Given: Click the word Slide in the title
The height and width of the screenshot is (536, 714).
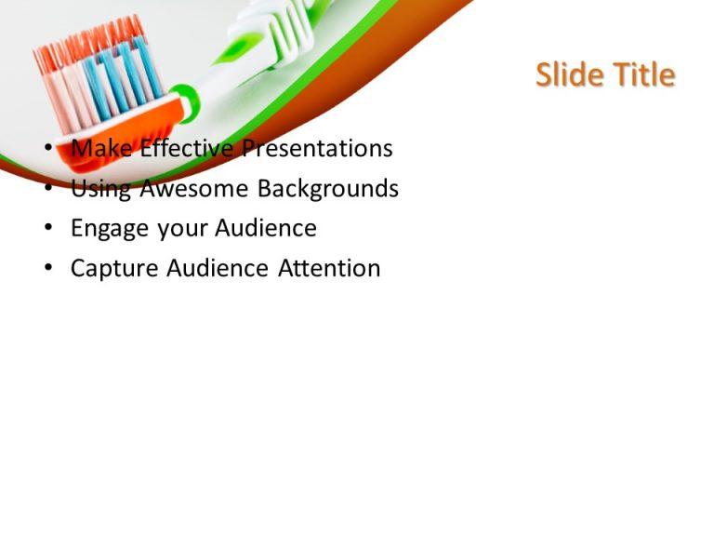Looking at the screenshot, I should [570, 75].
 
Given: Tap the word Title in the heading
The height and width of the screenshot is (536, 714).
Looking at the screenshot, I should [642, 75].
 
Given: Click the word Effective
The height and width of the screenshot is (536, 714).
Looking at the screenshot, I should [186, 149].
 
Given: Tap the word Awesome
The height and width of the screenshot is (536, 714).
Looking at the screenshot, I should [194, 189].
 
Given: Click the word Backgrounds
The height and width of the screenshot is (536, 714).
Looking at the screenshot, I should [327, 189].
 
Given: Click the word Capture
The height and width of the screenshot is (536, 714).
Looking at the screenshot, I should [114, 269].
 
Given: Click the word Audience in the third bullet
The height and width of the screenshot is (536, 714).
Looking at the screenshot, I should [265, 229].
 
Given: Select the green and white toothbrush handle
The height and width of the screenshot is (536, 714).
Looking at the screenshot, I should [279, 37].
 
